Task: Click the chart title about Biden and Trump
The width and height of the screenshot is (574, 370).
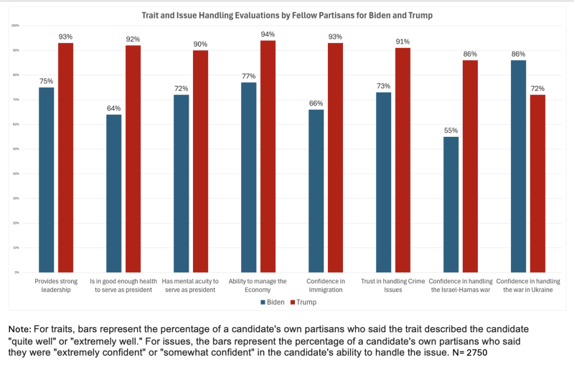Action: pyautogui.click(x=286, y=14)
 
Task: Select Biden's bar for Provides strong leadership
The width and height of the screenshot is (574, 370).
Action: pyautogui.click(x=47, y=179)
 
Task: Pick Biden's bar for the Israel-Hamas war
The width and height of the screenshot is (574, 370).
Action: pyautogui.click(x=451, y=204)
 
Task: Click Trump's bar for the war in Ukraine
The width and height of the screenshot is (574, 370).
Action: pyautogui.click(x=537, y=184)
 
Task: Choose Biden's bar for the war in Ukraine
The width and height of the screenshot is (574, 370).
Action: pyautogui.click(x=518, y=166)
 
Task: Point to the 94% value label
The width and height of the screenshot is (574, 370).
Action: pyautogui.click(x=268, y=33)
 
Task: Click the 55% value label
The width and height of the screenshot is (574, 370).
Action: pyautogui.click(x=451, y=130)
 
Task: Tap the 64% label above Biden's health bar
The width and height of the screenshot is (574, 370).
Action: pyautogui.click(x=114, y=108)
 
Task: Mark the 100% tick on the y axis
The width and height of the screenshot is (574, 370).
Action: pyautogui.click(x=15, y=26)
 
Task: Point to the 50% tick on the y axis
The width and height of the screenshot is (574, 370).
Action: pyautogui.click(x=16, y=149)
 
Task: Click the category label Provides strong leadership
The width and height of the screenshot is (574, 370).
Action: pyautogui.click(x=56, y=285)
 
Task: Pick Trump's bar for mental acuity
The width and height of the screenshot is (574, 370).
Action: pyautogui.click(x=200, y=161)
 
